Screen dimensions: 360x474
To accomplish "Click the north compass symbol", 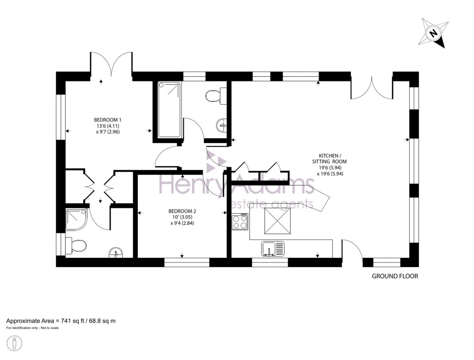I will click(x=434, y=33).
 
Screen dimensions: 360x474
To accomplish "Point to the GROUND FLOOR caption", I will click(x=395, y=276).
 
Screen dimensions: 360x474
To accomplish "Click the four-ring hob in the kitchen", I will click(x=239, y=222).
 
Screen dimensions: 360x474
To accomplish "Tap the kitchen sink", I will click(x=273, y=249).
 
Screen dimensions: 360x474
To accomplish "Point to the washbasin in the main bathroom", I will click(x=222, y=124).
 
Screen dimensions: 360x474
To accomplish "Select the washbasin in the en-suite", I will click(x=116, y=253).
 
